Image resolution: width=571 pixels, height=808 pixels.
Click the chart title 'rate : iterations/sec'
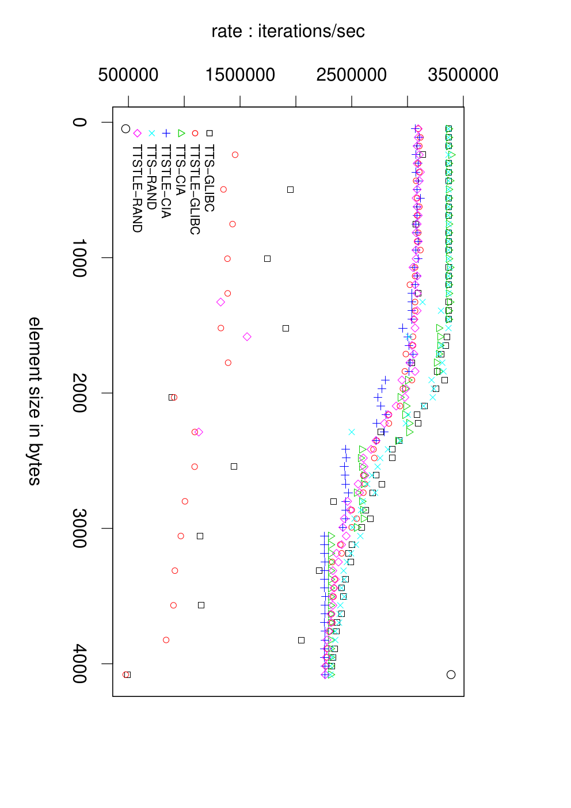tap(288, 32)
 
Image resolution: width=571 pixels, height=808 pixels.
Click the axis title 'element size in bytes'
tap(35, 401)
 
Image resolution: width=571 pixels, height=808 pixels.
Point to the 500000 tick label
tap(128, 75)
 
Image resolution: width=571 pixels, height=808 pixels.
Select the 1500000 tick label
tap(240, 75)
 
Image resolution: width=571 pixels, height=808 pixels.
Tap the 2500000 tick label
tap(352, 75)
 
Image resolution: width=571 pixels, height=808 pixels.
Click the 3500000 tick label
tap(463, 75)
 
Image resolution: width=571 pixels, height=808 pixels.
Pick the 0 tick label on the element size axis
tap(79, 122)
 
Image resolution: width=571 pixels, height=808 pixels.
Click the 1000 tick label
tap(79, 258)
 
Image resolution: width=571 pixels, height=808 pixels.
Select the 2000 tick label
tap(79, 393)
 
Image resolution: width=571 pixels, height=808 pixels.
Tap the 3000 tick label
tap(79, 528)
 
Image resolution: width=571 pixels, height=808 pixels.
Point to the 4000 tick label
tap(79, 664)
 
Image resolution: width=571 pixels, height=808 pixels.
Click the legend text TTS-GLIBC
tap(209, 178)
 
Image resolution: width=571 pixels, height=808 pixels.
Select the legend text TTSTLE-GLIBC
tap(195, 189)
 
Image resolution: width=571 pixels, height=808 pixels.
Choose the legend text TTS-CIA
tap(180, 170)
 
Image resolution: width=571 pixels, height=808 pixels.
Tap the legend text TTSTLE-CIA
tap(166, 181)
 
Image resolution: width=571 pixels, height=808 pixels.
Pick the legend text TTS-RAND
tap(151, 177)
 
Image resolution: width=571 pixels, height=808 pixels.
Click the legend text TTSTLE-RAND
tap(137, 188)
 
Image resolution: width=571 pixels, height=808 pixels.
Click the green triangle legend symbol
tap(181, 134)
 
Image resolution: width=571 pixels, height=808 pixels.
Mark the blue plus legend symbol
tap(166, 134)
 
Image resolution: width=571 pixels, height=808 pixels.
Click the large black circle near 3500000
tap(451, 674)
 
